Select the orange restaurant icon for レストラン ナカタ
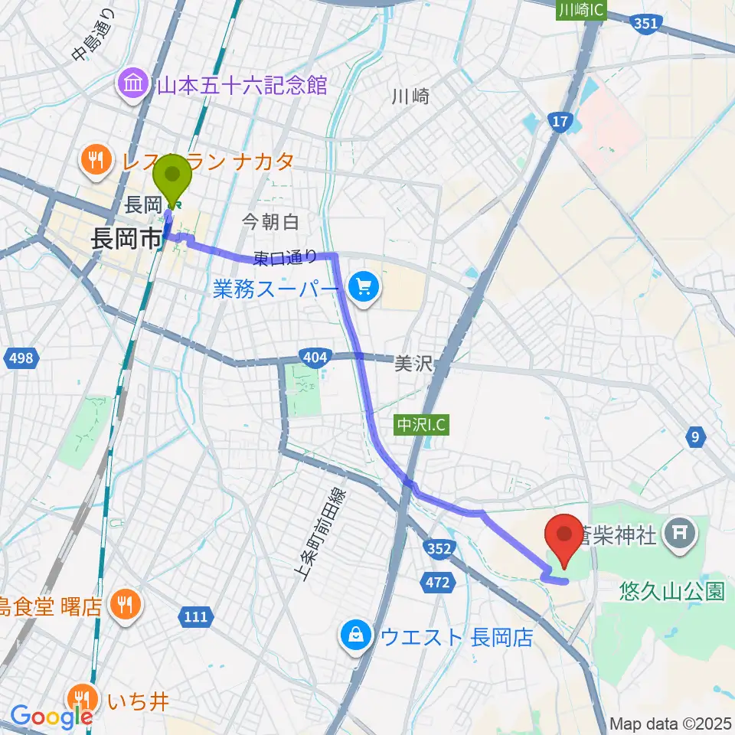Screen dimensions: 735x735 pos(96,160)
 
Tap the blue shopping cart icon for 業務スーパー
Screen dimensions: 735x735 pos(363,289)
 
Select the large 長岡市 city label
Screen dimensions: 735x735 pos(126,238)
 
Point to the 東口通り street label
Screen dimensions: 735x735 pos(286,259)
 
